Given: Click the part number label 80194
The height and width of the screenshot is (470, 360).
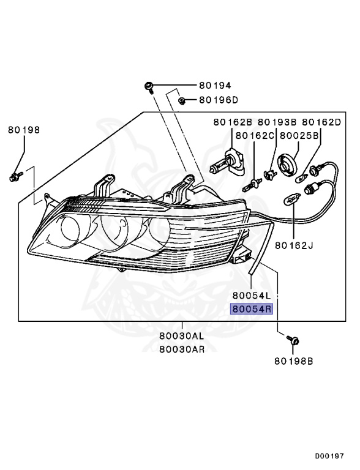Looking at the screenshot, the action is [215, 86].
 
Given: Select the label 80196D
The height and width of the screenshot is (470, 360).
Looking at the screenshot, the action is [219, 100].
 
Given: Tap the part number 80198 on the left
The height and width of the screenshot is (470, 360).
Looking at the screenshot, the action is [24, 130].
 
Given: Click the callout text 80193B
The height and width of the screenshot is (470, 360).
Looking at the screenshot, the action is [277, 122].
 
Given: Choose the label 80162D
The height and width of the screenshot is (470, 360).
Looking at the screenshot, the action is [321, 122].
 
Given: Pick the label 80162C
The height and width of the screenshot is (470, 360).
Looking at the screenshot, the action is [255, 136].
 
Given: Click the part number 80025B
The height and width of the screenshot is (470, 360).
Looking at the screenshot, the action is [299, 136].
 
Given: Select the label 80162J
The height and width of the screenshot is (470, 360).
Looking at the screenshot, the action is [294, 245].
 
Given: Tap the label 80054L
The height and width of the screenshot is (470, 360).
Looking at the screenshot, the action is [252, 296].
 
